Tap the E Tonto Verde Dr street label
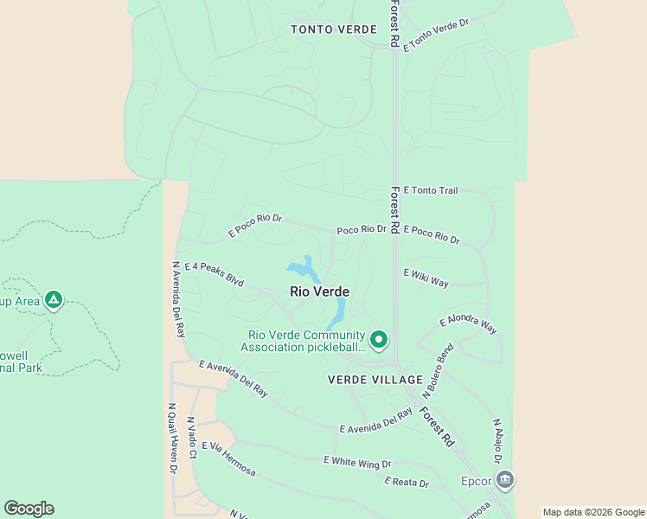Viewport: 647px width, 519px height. point(435,33)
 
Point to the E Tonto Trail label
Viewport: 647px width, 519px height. point(430,190)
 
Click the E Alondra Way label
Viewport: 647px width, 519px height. point(468,324)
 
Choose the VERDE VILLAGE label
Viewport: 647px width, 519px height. point(375,380)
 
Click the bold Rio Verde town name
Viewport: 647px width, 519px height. point(319,292)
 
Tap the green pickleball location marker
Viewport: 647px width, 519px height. point(379,340)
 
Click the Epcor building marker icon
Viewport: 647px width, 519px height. point(505,479)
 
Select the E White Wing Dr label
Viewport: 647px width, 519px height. point(357,463)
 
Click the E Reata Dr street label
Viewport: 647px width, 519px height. point(407,483)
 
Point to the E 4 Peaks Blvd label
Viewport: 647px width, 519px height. point(214,275)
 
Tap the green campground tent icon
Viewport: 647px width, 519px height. point(54,299)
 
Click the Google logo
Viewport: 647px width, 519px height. point(29,509)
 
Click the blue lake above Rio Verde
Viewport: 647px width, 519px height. point(303,269)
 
